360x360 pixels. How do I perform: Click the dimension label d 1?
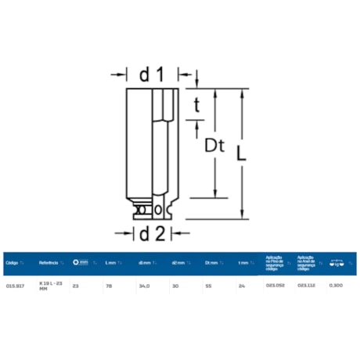click(x=150, y=75)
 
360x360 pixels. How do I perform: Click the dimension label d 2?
click(x=150, y=233)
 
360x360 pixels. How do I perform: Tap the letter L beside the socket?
click(x=243, y=153)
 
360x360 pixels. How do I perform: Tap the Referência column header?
click(x=49, y=263)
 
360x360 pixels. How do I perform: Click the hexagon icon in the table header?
click(x=76, y=263)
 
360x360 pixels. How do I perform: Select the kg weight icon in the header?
click(x=337, y=262)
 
